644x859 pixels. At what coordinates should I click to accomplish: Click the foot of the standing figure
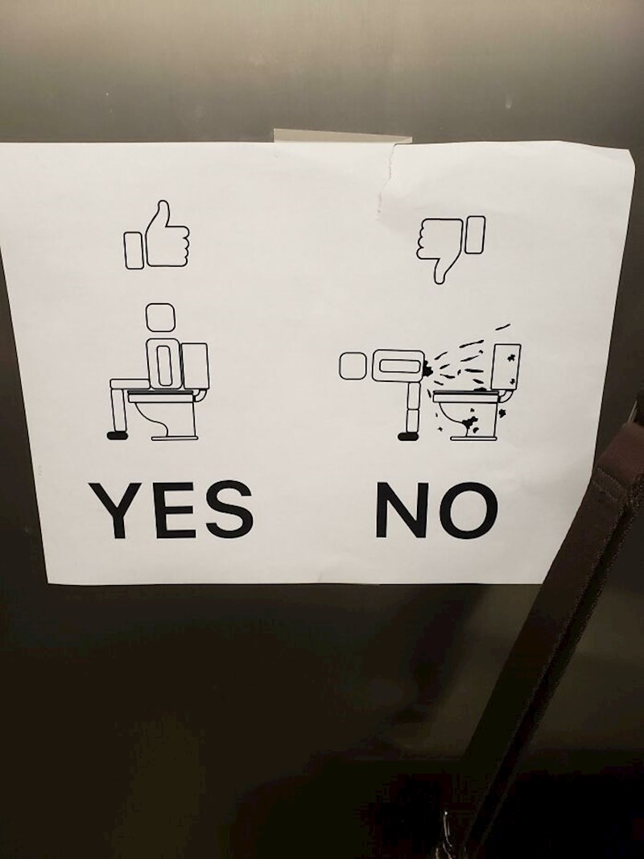409,436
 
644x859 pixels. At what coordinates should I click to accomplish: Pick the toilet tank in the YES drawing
194,367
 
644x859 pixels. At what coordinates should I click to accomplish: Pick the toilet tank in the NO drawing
506,367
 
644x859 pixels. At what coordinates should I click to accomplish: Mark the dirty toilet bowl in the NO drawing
468,417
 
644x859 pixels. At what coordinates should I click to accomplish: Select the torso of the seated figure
162,363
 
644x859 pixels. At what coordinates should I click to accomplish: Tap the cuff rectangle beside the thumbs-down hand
476,234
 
